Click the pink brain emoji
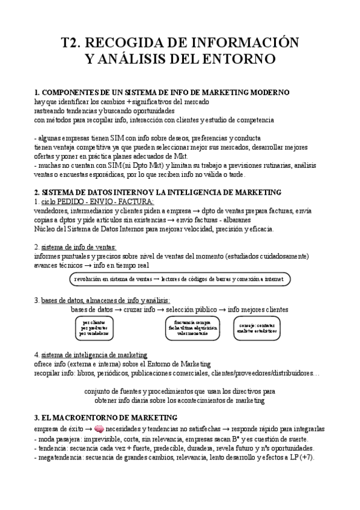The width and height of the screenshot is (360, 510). pyautogui.click(x=100, y=429)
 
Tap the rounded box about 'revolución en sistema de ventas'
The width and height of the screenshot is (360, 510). pyautogui.click(x=180, y=280)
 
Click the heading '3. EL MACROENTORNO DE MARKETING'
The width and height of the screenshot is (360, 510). pyautogui.click(x=105, y=417)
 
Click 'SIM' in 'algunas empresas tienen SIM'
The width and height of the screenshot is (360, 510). pyautogui.click(x=129, y=138)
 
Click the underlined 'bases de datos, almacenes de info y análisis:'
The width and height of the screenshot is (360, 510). pyautogui.click(x=105, y=300)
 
